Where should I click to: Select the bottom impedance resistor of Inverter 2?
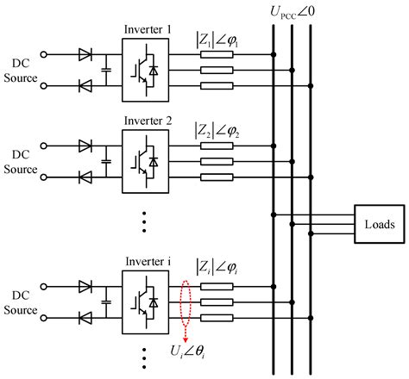coord(217,177)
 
